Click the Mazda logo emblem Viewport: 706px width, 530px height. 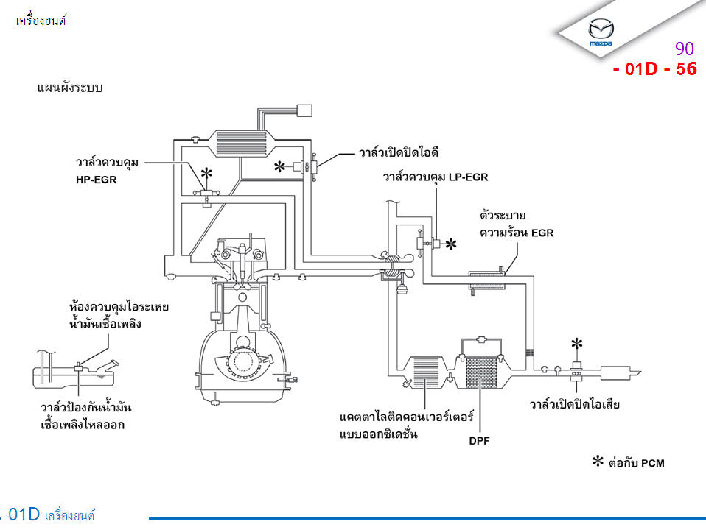[601, 32]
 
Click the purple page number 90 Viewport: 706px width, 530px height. [684, 49]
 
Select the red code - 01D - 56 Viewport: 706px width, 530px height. [654, 70]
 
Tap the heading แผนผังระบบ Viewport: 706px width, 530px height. [69, 88]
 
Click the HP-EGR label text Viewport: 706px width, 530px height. [97, 178]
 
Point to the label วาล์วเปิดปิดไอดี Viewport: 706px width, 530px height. [399, 153]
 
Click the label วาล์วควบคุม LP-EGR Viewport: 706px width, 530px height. [435, 177]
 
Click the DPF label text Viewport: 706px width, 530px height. [480, 442]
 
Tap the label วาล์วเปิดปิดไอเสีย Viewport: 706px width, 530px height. [574, 405]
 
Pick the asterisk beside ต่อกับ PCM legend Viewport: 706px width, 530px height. [599, 462]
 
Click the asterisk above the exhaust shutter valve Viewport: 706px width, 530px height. [577, 344]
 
